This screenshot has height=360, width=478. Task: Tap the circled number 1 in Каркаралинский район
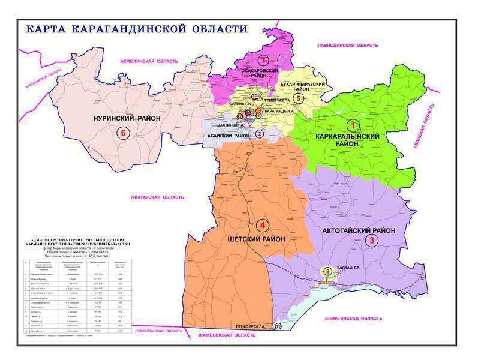(x=354, y=125)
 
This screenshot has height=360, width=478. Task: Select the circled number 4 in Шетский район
(x=261, y=226)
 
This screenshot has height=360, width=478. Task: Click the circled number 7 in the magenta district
(x=262, y=60)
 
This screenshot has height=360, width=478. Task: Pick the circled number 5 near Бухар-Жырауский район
(x=298, y=98)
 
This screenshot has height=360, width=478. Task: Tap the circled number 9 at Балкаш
(x=327, y=272)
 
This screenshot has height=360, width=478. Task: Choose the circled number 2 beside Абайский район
(x=260, y=134)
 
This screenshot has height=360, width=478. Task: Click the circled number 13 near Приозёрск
(x=278, y=326)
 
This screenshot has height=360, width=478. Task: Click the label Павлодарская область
(x=348, y=46)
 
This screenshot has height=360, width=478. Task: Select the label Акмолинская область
(x=150, y=61)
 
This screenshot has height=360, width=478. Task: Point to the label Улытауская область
(x=157, y=197)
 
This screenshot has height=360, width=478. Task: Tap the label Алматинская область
(x=348, y=318)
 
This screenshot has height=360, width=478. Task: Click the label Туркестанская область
(x=158, y=331)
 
